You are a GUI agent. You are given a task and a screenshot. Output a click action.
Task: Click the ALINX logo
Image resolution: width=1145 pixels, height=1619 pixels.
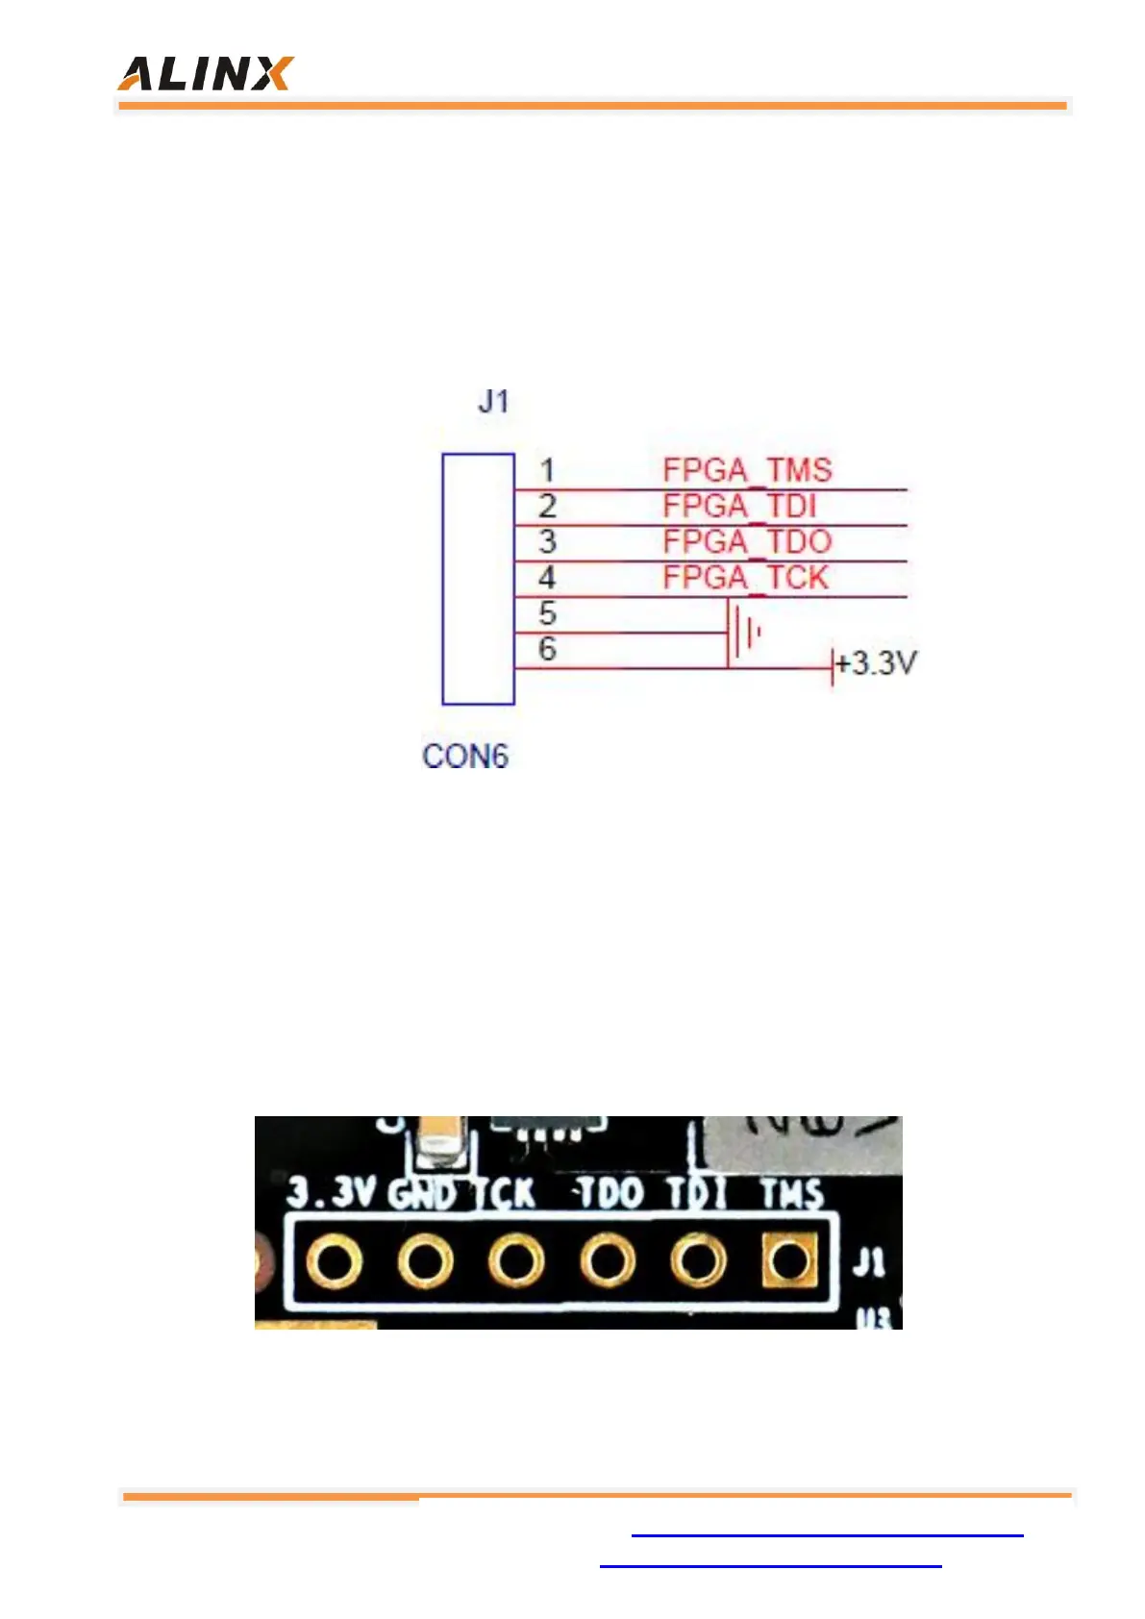205,73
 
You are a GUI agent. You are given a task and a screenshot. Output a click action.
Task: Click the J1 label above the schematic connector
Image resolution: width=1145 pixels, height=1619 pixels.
493,401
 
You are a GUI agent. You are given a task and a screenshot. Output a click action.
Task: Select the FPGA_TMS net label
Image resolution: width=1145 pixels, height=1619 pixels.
747,470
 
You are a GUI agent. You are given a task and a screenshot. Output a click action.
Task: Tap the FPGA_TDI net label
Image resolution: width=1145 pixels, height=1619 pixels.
739,506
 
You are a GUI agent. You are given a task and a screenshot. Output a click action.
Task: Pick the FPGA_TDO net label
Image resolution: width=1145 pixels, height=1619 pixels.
747,541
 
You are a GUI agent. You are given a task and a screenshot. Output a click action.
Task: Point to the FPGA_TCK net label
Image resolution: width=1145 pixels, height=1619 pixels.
745,577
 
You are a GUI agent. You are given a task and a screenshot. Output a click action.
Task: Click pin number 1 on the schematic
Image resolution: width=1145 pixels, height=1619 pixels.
547,470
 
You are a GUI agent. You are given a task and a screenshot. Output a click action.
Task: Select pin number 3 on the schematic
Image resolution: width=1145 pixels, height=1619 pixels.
547,541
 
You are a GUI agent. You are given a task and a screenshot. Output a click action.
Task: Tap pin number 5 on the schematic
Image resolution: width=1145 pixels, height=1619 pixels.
547,612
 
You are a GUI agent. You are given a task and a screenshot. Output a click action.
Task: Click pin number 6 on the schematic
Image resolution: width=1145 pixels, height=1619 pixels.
547,649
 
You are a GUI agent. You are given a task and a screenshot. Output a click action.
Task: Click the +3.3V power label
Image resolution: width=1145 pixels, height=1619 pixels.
876,663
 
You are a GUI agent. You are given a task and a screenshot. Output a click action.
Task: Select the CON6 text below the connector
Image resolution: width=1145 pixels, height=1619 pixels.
464,756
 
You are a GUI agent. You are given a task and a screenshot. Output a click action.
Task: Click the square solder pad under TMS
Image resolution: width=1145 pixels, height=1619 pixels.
789,1260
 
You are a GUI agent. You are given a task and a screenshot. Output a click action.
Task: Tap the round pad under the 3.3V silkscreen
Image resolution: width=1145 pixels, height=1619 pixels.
334,1260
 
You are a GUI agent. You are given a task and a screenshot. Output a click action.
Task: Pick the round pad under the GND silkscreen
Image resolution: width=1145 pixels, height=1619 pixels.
425,1260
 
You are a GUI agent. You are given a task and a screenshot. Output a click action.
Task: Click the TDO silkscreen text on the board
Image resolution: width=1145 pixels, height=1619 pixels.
610,1194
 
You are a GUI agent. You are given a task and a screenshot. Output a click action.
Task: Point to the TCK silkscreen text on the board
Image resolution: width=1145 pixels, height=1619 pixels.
505,1194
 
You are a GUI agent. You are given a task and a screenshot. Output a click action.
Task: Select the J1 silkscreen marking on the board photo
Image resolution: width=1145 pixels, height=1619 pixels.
868,1261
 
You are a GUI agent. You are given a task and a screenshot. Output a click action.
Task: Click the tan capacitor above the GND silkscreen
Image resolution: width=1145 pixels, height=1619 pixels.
440,1144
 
